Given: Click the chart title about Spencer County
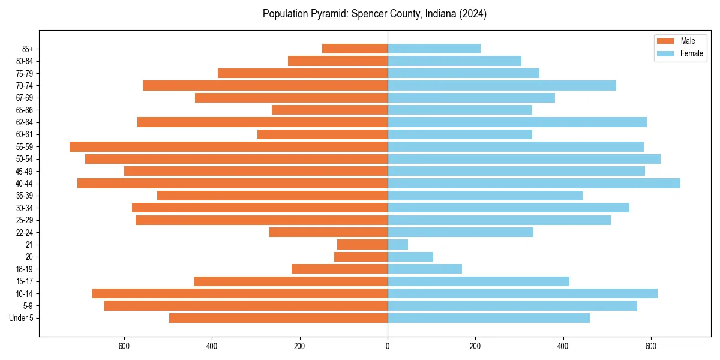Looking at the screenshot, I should click(374, 14).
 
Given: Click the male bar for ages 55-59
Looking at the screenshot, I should click(229, 146).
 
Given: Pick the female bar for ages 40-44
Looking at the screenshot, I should click(534, 183).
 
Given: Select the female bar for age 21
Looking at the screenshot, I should click(398, 244).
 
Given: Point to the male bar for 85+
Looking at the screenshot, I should click(355, 49).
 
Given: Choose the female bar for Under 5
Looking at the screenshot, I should click(488, 318).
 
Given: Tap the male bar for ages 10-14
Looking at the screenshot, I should click(240, 293).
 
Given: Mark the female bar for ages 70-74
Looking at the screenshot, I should click(502, 85).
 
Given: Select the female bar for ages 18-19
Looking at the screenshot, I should click(425, 269).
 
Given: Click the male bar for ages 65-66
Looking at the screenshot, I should click(330, 110).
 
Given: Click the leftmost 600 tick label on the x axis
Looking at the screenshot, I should click(124, 346).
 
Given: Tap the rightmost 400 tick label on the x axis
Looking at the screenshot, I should click(563, 346).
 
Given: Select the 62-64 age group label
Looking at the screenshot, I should click(25, 122).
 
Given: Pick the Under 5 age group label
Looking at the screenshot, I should click(22, 318).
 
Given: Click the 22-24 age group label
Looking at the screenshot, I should click(25, 232).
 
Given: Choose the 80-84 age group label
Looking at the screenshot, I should click(25, 61).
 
